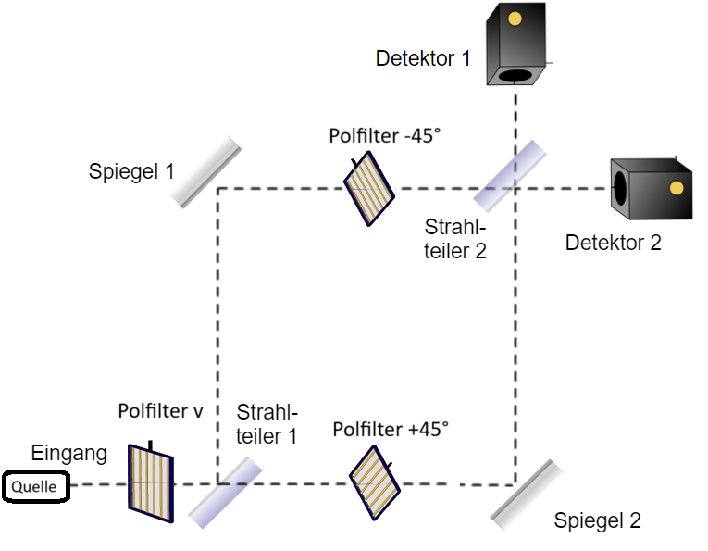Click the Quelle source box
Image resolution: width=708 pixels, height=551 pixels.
pos(35,486)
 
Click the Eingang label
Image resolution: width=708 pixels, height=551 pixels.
pos(69,454)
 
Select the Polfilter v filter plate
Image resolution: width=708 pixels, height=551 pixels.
pos(151,480)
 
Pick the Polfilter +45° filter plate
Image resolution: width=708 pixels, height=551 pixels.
pos(375,482)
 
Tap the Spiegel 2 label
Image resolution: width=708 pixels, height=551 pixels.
pos(597,520)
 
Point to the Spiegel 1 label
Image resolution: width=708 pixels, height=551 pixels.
pos(131,171)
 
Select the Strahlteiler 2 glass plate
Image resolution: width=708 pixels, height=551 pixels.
pos(508,174)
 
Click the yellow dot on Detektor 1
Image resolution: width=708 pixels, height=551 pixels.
pos(515,19)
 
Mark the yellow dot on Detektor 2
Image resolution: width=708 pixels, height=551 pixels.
pos(677,188)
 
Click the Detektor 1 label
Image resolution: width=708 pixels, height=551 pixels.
pos(423,59)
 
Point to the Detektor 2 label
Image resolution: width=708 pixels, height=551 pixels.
pos(614,244)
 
